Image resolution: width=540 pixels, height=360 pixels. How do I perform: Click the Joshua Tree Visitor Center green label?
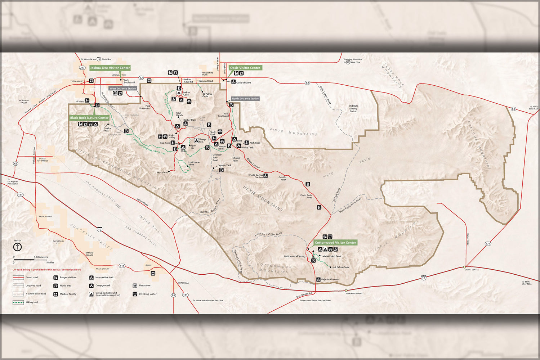[110, 68]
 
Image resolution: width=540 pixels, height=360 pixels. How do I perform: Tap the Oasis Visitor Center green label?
[245, 68]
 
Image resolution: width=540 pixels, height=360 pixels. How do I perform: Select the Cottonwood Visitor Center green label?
[335, 243]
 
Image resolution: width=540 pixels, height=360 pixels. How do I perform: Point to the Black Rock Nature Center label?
[89, 118]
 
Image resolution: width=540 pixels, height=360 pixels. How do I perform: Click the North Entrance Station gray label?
[245, 99]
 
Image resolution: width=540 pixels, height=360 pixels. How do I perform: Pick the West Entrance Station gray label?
[123, 89]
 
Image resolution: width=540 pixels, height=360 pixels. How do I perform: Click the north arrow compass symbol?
[17, 247]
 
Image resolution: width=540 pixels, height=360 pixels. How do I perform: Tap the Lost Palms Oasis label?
[340, 267]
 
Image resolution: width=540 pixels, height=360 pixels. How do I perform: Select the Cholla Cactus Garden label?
[256, 176]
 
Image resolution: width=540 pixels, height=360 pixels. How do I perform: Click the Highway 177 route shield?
[488, 244]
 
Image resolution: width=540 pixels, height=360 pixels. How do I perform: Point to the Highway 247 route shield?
[82, 68]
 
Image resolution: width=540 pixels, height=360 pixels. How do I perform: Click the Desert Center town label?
[472, 270]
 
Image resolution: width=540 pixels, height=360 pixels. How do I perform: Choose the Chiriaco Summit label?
[354, 293]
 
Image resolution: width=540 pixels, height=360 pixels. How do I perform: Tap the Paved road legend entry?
[31, 278]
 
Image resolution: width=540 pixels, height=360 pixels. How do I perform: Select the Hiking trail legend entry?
[31, 302]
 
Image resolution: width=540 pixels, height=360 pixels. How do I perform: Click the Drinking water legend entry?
[147, 294]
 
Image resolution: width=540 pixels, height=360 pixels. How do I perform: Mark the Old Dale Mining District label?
[353, 108]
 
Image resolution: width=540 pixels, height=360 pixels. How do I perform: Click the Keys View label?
[162, 172]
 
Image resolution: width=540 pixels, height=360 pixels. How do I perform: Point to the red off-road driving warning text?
[47, 270]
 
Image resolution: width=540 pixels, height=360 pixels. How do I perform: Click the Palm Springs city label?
[45, 217]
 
